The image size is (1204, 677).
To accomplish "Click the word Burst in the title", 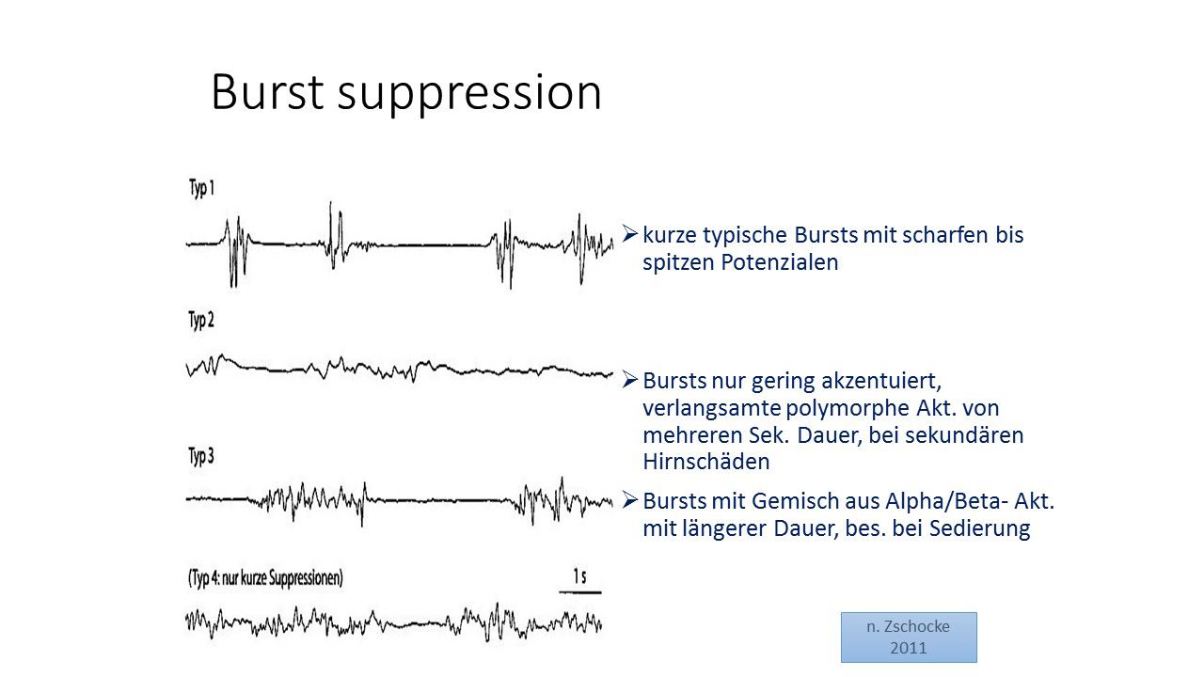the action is click(x=268, y=92).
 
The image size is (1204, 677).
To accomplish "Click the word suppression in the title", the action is click(x=469, y=96).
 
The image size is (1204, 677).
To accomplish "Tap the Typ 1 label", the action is click(x=201, y=189).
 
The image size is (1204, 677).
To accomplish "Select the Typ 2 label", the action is click(x=201, y=321).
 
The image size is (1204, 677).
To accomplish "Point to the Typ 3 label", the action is click(x=201, y=456).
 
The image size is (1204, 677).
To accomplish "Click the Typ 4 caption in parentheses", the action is click(x=265, y=578).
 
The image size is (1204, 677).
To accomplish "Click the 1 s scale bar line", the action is click(x=580, y=592).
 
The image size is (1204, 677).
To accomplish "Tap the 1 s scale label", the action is click(x=579, y=576).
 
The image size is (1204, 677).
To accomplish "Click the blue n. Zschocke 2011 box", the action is click(x=909, y=638).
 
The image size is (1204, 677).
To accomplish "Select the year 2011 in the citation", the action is click(x=909, y=648).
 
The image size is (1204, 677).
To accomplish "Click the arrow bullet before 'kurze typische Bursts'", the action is click(x=630, y=234).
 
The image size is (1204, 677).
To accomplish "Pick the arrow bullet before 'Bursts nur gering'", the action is click(x=630, y=379).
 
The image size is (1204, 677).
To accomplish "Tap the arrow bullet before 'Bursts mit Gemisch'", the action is click(x=630, y=499).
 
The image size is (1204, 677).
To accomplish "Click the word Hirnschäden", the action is click(x=706, y=462).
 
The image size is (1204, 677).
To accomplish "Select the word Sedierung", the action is click(x=980, y=528).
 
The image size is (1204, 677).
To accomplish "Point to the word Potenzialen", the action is click(x=780, y=262).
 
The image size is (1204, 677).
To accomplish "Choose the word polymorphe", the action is click(x=848, y=409).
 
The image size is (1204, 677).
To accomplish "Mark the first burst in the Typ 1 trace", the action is click(x=236, y=250).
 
